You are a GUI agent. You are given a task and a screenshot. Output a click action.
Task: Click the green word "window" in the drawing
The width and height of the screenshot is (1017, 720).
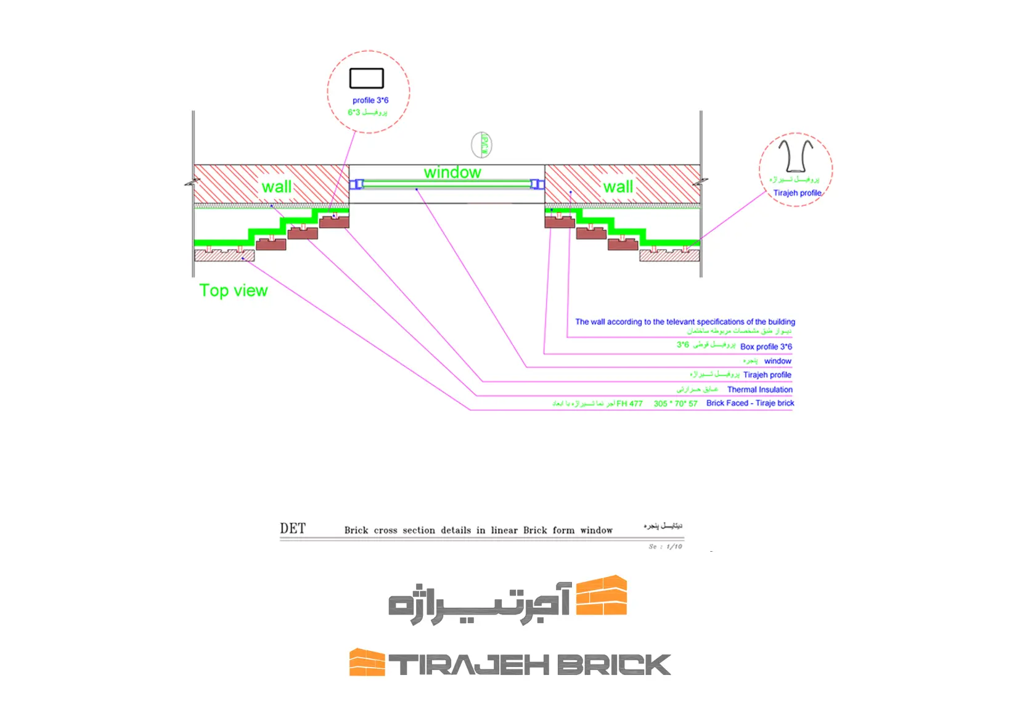click(452, 173)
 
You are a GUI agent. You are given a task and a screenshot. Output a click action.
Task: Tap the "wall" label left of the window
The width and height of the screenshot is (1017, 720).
click(277, 187)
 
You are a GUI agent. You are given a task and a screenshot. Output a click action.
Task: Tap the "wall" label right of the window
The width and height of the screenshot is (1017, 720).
click(618, 187)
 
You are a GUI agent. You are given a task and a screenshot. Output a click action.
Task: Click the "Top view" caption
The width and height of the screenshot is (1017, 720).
click(234, 290)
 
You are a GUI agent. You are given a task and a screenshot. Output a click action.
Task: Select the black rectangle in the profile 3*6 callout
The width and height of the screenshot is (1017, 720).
click(367, 78)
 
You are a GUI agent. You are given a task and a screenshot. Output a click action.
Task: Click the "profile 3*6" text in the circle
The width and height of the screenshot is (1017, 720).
click(370, 100)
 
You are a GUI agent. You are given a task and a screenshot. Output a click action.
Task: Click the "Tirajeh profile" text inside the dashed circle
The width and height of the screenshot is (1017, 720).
click(798, 193)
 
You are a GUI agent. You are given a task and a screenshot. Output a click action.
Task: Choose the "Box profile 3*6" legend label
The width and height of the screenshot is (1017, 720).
click(766, 346)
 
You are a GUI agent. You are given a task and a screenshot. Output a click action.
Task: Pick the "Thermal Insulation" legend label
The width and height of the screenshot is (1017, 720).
click(760, 390)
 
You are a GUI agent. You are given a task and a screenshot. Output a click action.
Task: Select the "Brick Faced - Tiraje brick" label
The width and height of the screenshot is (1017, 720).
click(750, 403)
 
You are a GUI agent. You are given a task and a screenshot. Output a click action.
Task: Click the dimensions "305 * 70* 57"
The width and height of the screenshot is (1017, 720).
click(676, 404)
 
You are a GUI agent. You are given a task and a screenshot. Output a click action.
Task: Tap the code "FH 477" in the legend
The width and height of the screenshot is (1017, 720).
click(629, 404)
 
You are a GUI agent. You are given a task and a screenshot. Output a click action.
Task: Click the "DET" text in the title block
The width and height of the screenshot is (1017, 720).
click(293, 528)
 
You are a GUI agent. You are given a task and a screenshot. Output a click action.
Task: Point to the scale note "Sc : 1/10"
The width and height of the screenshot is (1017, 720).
click(665, 547)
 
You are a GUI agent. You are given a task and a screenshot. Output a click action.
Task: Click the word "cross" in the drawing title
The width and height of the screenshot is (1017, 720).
click(385, 530)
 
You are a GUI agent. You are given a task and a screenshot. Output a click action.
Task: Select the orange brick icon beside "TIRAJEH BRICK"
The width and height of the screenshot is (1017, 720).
click(367, 663)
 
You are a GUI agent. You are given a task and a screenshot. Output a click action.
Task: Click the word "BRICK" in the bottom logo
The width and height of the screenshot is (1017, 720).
click(614, 665)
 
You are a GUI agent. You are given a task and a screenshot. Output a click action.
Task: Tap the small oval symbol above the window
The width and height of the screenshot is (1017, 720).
click(481, 145)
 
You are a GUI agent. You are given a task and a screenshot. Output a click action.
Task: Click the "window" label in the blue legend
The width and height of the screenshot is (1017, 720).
click(778, 361)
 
